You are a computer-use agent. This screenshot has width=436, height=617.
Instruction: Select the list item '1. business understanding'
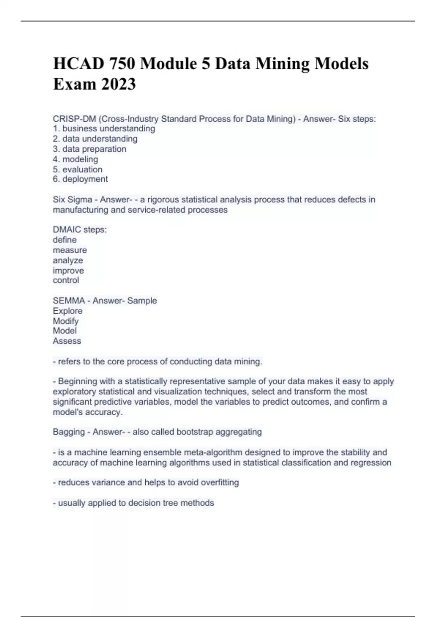pyautogui.click(x=104, y=128)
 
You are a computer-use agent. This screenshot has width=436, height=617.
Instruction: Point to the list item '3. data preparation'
pyautogui.click(x=89, y=149)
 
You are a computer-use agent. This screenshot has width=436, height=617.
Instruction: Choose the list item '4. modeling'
pyautogui.click(x=75, y=159)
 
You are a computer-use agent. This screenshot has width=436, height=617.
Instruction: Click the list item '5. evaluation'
pyautogui.click(x=77, y=169)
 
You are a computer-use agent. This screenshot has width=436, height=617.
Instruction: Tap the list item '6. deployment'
pyautogui.click(x=80, y=179)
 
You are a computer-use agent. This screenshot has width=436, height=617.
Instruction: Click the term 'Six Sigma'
pyautogui.click(x=72, y=200)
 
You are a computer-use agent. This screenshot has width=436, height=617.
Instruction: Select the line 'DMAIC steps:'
pyautogui.click(x=80, y=229)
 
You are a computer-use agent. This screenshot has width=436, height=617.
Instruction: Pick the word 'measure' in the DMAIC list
pyautogui.click(x=70, y=250)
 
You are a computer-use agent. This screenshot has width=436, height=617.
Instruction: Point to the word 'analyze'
pyautogui.click(x=68, y=260)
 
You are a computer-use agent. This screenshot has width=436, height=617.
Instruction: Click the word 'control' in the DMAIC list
pyautogui.click(x=66, y=280)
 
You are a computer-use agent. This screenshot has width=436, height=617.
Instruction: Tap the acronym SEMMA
pyautogui.click(x=69, y=301)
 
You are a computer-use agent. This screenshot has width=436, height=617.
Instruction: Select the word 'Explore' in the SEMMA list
pyautogui.click(x=68, y=311)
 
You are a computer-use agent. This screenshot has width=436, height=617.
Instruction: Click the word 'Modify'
pyautogui.click(x=66, y=321)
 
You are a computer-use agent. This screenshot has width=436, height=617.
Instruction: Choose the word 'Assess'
pyautogui.click(x=67, y=341)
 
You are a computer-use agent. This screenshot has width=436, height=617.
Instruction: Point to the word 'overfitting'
pyautogui.click(x=220, y=482)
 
